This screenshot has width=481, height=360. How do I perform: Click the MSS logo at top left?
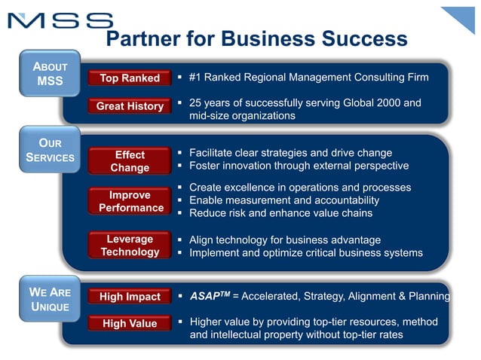coord(60,20)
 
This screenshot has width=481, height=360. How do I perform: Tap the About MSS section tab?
coord(51,73)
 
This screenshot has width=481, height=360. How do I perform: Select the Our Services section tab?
coord(51,150)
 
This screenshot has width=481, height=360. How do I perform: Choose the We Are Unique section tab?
coord(51,299)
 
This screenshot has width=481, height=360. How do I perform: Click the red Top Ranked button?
coord(130,78)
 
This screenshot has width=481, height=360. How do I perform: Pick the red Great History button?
coord(130,106)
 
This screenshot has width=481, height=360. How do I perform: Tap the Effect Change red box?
coord(130,161)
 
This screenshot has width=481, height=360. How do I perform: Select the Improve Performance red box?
coord(130,201)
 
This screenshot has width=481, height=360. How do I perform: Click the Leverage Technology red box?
coord(130,246)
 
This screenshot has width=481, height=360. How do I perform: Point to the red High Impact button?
coord(130,297)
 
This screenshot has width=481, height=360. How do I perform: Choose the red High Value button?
coord(130,324)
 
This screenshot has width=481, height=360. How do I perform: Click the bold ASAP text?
coord(205,297)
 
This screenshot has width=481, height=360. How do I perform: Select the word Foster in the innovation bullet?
coord(205,166)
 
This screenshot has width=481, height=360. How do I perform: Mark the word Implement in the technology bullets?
coord(216,253)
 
